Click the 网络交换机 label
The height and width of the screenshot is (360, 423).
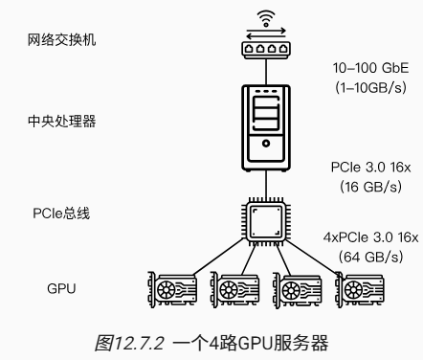pos(61,40)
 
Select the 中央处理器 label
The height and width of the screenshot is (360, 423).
pos(61,121)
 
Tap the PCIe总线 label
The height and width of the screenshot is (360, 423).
pos(61,214)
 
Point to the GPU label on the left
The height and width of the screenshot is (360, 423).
pos(61,288)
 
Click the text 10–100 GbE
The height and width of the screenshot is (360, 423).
pos(370,68)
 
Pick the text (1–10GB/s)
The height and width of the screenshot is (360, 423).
pos(370,87)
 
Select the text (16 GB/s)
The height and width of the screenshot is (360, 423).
pos(370,187)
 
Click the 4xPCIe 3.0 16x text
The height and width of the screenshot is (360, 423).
pos(370,237)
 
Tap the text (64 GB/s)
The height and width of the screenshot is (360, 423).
pos(370,257)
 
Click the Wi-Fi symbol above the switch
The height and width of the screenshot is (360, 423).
pos(266,18)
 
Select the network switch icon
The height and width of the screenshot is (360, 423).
pos(266,50)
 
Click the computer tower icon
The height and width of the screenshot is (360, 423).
pos(266,127)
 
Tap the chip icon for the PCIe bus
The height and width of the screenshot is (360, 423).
pos(266,222)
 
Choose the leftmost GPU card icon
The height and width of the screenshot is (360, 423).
pos(172,290)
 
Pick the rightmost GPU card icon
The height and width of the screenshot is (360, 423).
pos(360,290)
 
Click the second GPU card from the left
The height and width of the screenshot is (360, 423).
pos(234,290)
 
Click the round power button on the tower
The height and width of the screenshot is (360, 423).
pos(266,144)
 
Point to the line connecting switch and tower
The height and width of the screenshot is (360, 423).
pos(266,72)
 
